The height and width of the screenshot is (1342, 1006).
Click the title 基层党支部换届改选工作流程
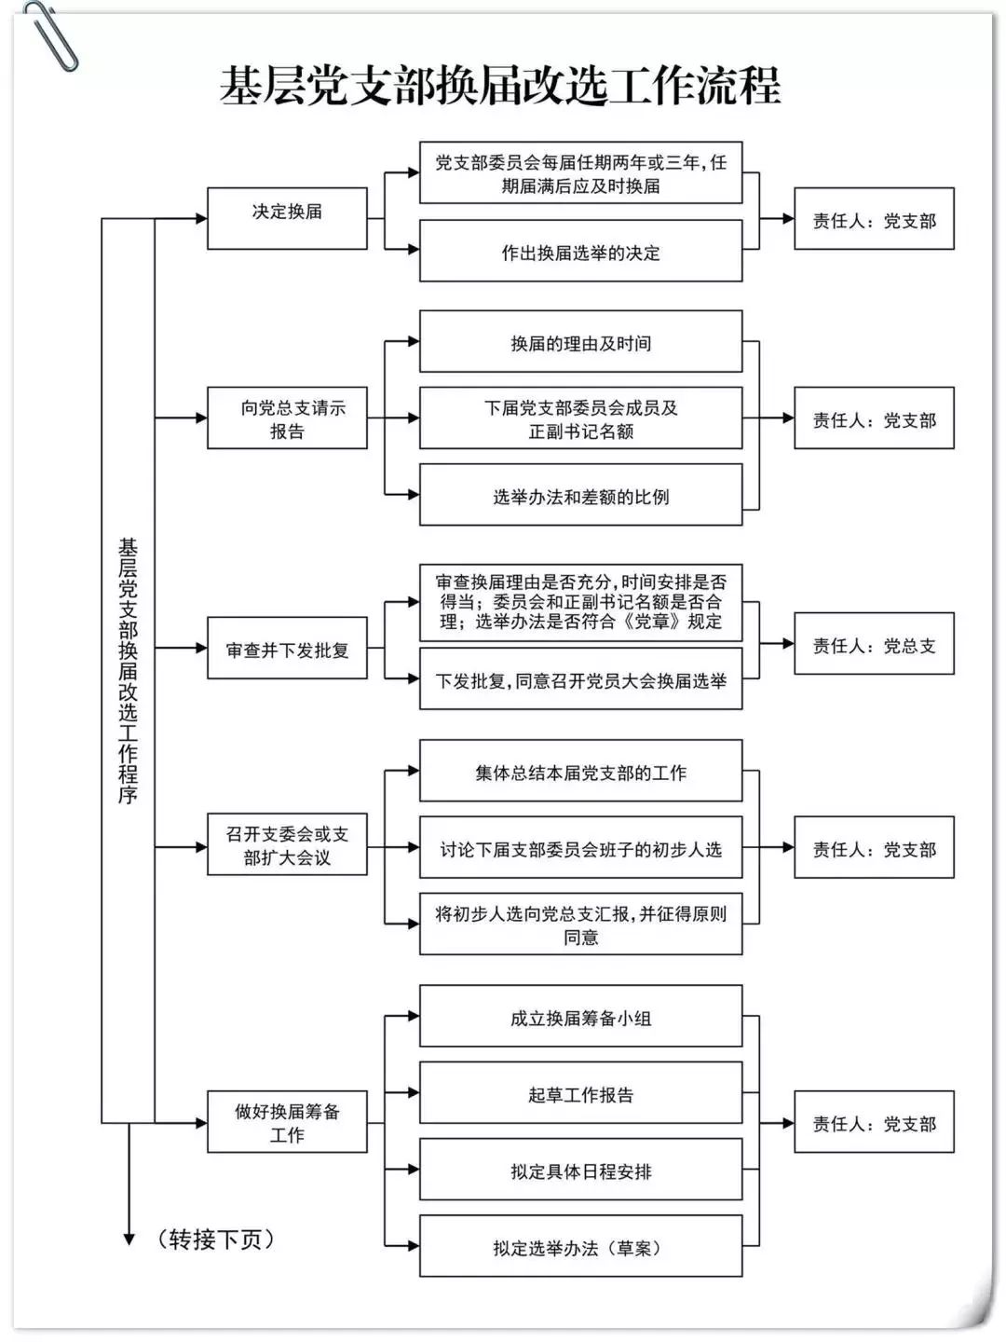click(500, 87)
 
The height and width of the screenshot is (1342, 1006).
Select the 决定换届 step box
click(287, 218)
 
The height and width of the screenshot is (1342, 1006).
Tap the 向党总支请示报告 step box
click(287, 418)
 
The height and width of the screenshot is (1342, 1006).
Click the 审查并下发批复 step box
click(287, 650)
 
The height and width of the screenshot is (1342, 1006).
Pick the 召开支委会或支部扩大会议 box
click(287, 845)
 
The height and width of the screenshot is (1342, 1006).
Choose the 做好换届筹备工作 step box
click(287, 1122)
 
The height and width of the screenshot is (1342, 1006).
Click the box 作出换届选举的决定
click(580, 252)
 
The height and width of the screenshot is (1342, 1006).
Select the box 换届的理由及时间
click(580, 342)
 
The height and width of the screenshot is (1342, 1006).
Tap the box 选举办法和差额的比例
click(580, 496)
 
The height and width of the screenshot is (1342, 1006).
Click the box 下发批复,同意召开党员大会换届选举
click(580, 680)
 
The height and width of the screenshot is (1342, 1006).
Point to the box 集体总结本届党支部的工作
click(580, 772)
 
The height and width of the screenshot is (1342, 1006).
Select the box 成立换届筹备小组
click(580, 1017)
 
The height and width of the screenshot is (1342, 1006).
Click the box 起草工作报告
click(580, 1093)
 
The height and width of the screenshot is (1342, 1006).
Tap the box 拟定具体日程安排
click(580, 1171)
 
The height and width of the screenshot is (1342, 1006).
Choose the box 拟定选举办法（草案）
click(580, 1247)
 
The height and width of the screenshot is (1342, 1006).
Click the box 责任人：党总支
click(874, 644)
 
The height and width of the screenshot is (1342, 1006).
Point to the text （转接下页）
click(216, 1239)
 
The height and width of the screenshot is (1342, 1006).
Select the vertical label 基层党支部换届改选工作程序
click(128, 671)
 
